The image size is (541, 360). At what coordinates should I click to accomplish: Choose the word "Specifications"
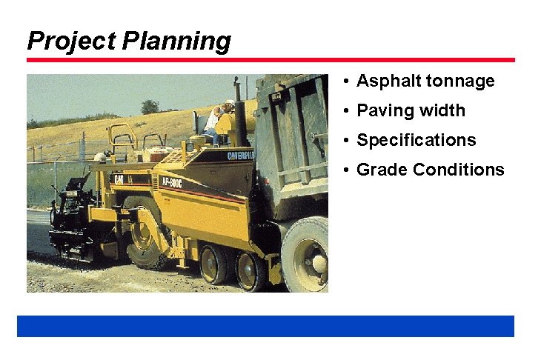pyautogui.click(x=416, y=141)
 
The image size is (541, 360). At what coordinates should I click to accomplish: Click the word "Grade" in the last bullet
pyautogui.click(x=382, y=170)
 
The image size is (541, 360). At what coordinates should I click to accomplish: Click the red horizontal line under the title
pyautogui.click(x=270, y=60)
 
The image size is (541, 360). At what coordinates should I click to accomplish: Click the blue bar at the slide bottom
pyautogui.click(x=265, y=326)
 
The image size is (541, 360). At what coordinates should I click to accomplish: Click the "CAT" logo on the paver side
pyautogui.click(x=118, y=179)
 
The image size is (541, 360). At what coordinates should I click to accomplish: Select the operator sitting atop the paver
pyautogui.click(x=214, y=123)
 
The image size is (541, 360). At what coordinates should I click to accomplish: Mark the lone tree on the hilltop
pyautogui.click(x=150, y=107)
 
